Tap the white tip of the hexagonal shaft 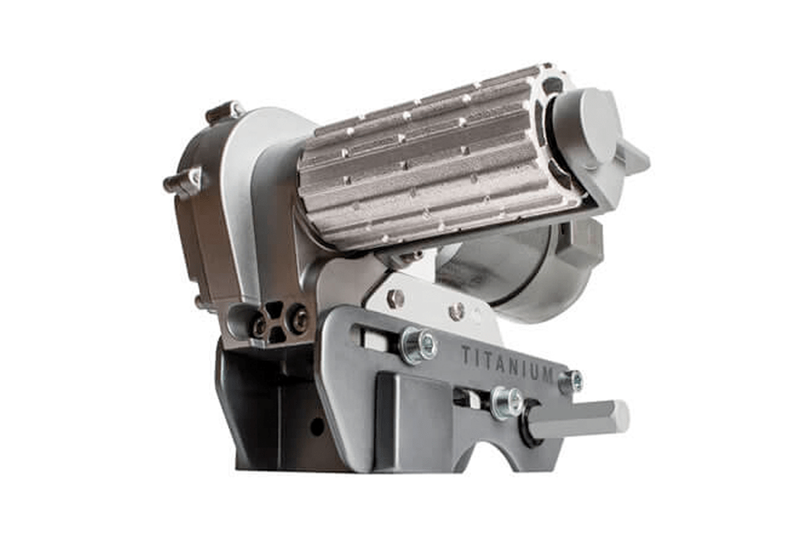(x=621, y=415)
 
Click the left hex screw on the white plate (x=394, y=298)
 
